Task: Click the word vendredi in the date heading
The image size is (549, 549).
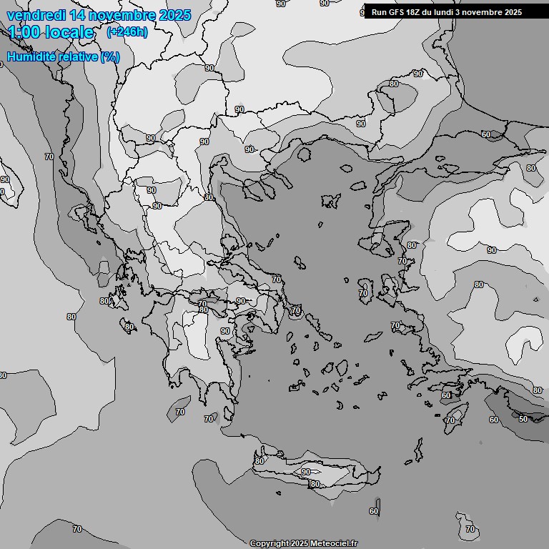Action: pyautogui.click(x=36, y=15)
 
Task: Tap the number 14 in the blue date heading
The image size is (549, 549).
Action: pyautogui.click(x=80, y=15)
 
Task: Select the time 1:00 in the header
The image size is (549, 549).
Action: pyautogui.click(x=23, y=32)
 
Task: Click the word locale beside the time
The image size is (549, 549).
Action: pyautogui.click(x=69, y=32)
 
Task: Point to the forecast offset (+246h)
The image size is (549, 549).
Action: pyautogui.click(x=127, y=32)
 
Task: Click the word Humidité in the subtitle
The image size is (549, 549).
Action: pyautogui.click(x=31, y=56)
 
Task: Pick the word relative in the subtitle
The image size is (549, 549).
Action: pyautogui.click(x=77, y=56)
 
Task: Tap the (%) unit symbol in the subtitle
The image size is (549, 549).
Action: pyautogui.click(x=110, y=56)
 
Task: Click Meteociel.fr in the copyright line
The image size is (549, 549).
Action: pyautogui.click(x=334, y=544)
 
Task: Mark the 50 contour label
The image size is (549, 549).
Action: pyautogui.click(x=524, y=418)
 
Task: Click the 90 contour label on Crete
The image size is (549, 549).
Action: pyautogui.click(x=306, y=472)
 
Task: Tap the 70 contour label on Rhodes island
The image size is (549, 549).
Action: pyautogui.click(x=450, y=420)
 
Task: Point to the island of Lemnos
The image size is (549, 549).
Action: pyautogui.click(x=331, y=201)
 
